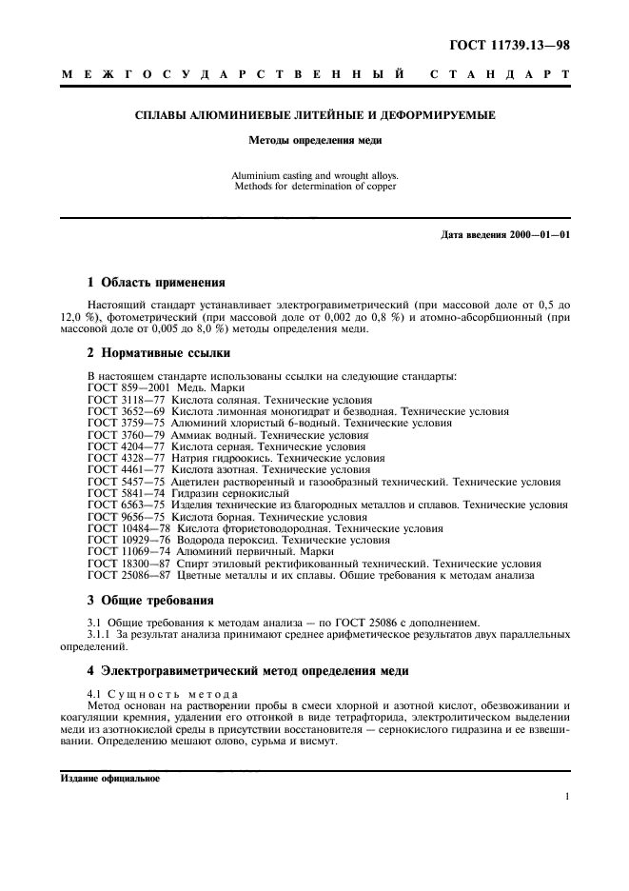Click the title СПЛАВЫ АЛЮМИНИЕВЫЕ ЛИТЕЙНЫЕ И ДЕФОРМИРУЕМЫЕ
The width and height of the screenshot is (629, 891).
pos(314,115)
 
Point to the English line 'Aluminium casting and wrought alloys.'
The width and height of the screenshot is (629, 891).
pos(314,176)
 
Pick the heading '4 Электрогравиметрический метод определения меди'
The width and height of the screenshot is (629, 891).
pos(247,671)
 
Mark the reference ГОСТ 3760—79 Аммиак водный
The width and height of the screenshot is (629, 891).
pos(157,435)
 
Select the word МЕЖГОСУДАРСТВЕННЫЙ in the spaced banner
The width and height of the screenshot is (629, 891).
pos(229,74)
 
